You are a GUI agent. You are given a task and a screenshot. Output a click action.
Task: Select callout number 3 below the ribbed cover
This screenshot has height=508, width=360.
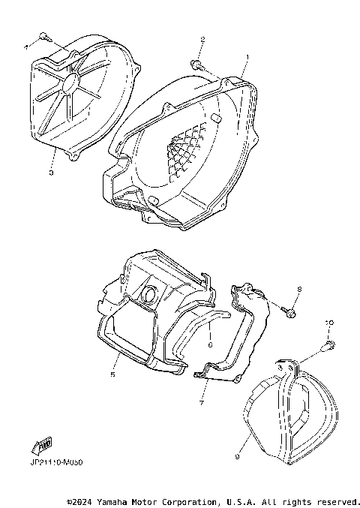tap(50, 173)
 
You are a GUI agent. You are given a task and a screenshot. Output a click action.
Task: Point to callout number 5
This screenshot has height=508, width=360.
tap(113, 372)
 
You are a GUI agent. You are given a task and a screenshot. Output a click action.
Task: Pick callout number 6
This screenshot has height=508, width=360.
tap(210, 345)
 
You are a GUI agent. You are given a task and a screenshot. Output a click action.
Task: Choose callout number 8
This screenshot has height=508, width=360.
tap(298, 288)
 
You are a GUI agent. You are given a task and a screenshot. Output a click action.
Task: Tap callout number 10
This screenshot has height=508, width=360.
tap(327, 323)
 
